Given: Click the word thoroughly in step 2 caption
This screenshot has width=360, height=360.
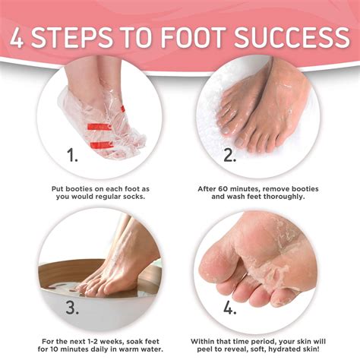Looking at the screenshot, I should (279, 197).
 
